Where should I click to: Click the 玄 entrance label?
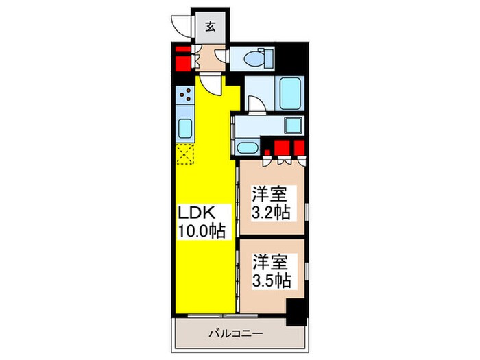tap(211, 28)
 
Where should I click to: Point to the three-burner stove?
tap(185, 99)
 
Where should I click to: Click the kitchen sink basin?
tap(185, 128)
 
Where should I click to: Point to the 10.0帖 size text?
tap(200, 230)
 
